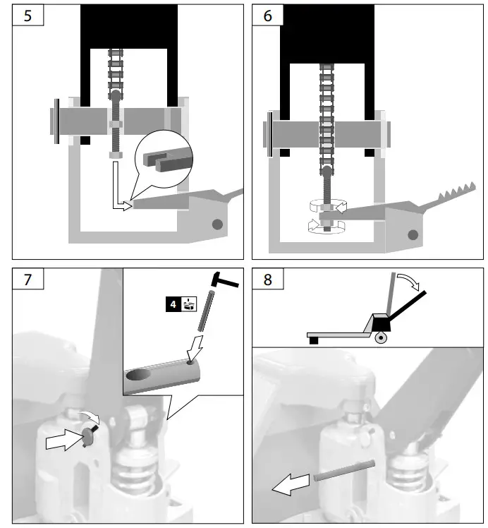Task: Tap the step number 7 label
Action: pyautogui.click(x=28, y=280)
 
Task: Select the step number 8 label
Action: pyautogui.click(x=267, y=280)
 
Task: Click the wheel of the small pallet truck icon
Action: pyautogui.click(x=381, y=338)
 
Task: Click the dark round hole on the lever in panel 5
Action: pyautogui.click(x=217, y=224)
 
